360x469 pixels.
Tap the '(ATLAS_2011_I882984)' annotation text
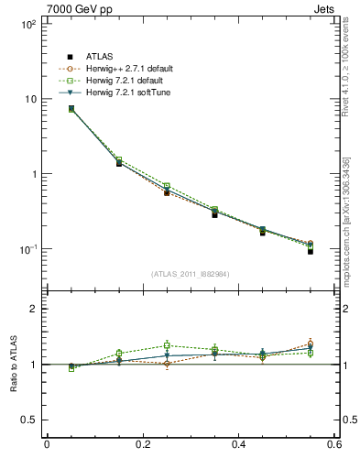click(x=191, y=273)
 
